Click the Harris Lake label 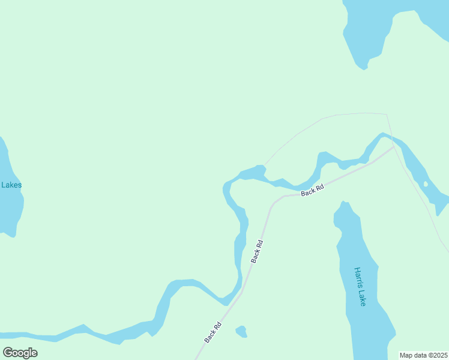tap(360, 287)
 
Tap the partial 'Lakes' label tap(11, 185)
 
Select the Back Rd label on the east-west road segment tap(312, 190)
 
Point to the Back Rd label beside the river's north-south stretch tap(257, 251)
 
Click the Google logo tap(20, 352)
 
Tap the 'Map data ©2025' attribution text tap(423, 355)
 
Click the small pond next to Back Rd tap(241, 331)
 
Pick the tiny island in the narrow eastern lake tap(426, 184)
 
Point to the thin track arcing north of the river tap(324, 118)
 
